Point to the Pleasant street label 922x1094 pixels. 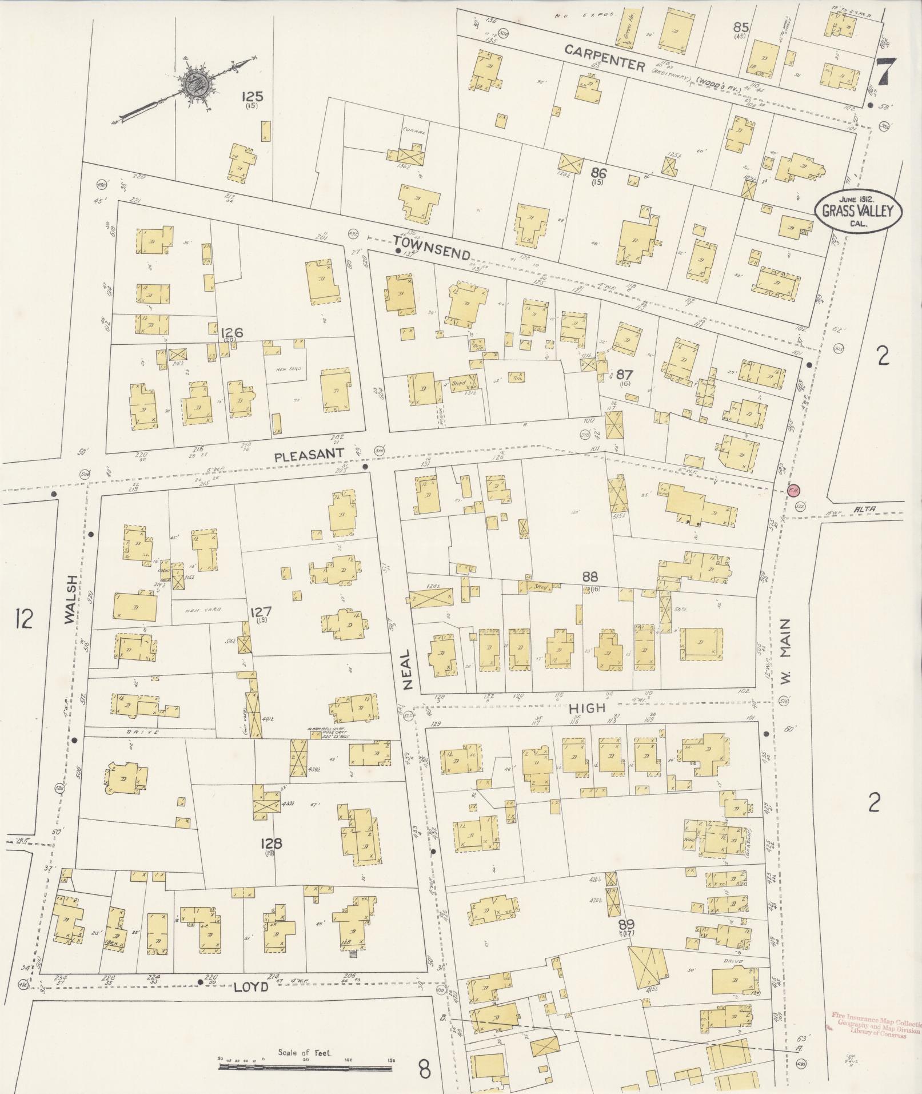pos(309,455)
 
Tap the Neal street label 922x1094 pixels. pos(407,669)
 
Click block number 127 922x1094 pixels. pos(261,613)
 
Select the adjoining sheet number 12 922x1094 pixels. pos(24,619)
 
